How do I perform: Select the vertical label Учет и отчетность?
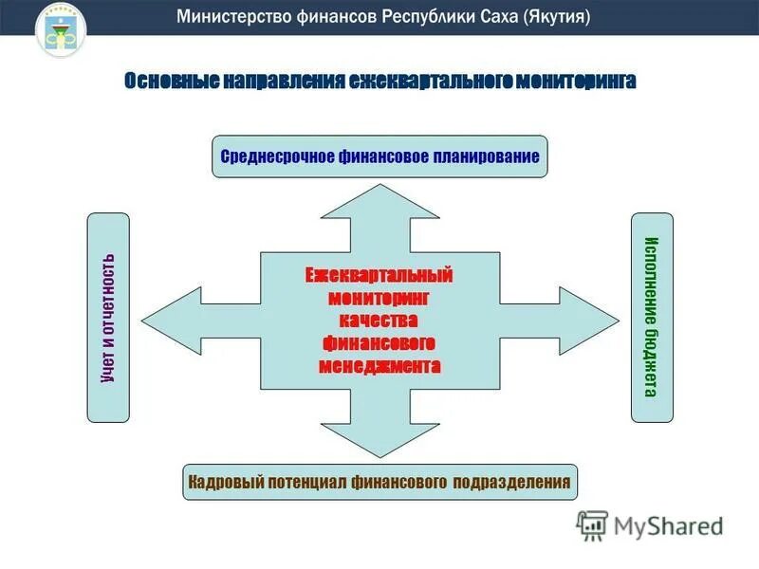(108, 318)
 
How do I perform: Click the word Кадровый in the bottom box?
(223, 482)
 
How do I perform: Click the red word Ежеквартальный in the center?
(379, 275)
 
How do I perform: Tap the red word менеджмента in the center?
(379, 365)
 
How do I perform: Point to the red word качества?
(379, 320)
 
